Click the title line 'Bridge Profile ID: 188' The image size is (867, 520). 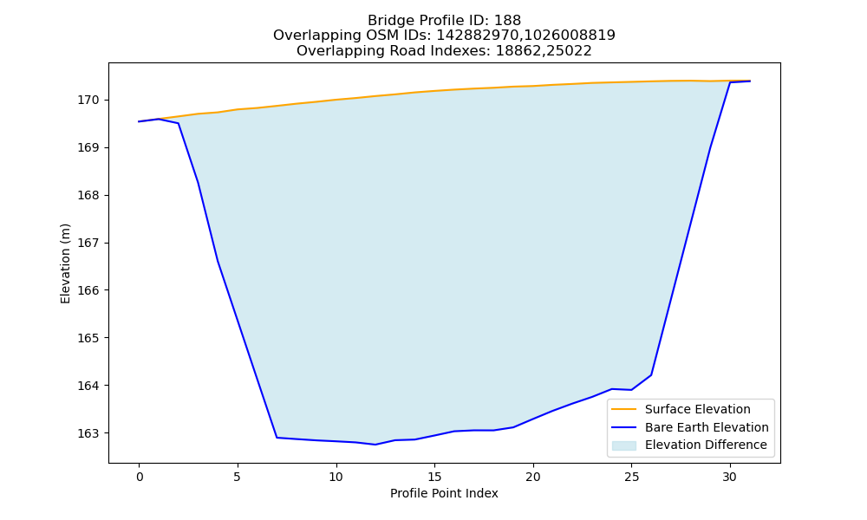point(444,21)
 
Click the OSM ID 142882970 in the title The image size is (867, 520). point(479,36)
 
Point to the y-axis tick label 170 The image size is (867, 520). point(88,100)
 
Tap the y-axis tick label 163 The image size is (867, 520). point(88,433)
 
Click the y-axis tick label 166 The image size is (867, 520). point(88,290)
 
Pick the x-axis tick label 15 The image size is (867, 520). point(434,477)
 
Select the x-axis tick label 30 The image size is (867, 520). point(730,477)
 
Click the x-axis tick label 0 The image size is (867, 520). point(140,477)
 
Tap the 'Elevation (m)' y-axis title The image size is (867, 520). point(66,263)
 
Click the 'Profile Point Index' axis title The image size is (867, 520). point(444,493)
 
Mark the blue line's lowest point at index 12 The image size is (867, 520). point(375,445)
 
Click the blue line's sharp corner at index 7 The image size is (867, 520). point(277,438)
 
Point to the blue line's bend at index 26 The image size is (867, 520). point(651,375)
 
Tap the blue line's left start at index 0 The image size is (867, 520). point(140,121)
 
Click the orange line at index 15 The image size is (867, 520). point(434,91)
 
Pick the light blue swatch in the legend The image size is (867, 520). point(623,445)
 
